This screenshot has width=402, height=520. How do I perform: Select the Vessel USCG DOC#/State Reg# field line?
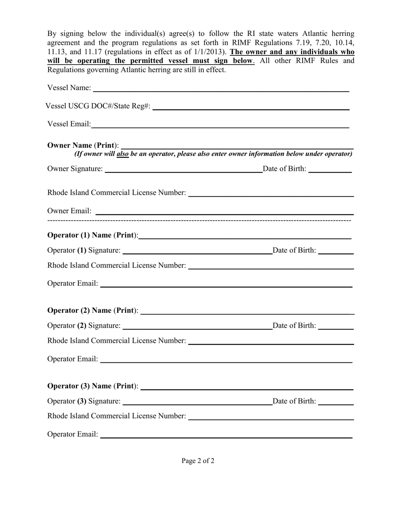(251, 109)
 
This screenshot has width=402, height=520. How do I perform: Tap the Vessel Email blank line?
(220, 127)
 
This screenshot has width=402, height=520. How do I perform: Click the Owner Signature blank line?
(183, 172)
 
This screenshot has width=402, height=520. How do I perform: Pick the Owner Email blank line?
(224, 214)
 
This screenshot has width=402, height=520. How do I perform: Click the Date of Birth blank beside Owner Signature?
(330, 172)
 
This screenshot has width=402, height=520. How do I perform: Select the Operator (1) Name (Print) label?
(93, 235)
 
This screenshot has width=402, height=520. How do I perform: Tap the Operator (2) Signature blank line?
(197, 328)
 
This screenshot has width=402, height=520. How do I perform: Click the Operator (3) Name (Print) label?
(93, 386)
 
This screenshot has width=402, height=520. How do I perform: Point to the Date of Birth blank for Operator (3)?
(336, 404)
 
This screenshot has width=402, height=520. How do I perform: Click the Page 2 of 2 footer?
(198, 461)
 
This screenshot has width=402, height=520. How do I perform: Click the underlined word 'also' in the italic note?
(123, 154)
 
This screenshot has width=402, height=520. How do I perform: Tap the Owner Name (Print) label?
(83, 145)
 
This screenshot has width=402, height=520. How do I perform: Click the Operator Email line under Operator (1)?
(226, 287)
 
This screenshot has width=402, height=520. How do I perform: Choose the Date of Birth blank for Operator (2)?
(336, 328)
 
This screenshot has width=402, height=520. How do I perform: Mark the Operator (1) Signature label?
(84, 250)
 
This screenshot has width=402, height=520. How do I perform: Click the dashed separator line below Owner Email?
(199, 221)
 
